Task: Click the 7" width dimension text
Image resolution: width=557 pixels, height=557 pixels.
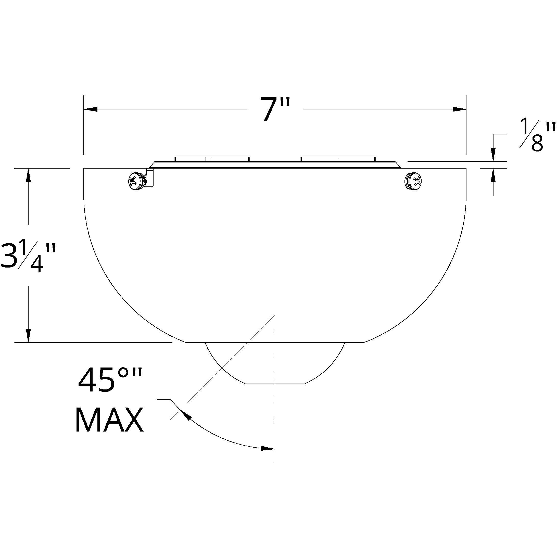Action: click(274, 110)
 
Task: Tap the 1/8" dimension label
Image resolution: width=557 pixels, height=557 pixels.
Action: click(537, 135)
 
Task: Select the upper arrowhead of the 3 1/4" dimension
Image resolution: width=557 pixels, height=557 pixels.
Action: click(28, 175)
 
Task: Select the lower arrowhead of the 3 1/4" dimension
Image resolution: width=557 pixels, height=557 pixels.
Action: click(28, 336)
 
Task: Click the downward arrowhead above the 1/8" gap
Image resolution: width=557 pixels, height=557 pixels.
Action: click(493, 155)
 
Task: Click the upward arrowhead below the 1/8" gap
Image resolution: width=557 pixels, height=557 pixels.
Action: click(493, 175)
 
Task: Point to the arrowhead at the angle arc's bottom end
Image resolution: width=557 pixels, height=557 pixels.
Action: click(268, 449)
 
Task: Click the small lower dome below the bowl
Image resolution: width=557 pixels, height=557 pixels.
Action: click(274, 363)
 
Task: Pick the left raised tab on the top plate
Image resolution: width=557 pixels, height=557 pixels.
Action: click(212, 159)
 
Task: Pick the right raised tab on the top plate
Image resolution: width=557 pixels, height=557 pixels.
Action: click(338, 159)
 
